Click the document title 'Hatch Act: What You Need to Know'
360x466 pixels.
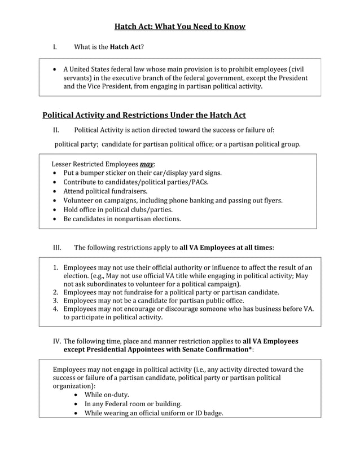tap(180, 27)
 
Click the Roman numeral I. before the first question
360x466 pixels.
tap(55, 47)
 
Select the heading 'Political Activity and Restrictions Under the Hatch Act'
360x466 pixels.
tap(144, 116)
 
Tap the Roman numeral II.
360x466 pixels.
tap(56, 130)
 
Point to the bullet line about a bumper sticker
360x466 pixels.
tap(142, 173)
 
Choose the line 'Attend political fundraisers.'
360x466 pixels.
tap(105, 191)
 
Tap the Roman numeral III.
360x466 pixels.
tap(57, 247)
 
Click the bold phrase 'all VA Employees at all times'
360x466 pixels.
tap(226, 247)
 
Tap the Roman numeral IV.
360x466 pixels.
tap(57, 341)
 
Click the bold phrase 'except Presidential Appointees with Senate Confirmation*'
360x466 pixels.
tap(157, 350)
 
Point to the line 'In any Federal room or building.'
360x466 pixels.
tap(133, 404)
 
